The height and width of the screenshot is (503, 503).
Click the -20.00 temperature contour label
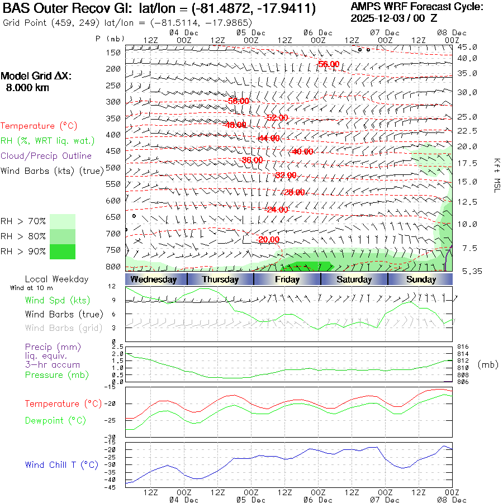tap(269, 239)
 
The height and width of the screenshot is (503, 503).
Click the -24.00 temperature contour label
tap(277, 210)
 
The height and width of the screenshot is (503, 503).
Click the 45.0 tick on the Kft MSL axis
tap(467, 47)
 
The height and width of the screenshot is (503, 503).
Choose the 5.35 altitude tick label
tap(467, 271)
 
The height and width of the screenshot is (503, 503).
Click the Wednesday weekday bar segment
tap(154, 279)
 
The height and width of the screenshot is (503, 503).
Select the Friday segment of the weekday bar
tap(287, 279)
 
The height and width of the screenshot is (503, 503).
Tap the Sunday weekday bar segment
tap(421, 279)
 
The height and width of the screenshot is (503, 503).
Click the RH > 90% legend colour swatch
tap(63, 252)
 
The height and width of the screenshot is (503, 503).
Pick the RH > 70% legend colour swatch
tap(63, 221)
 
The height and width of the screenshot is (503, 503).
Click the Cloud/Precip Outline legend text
tap(46, 155)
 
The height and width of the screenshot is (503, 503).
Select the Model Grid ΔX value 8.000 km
tap(27, 88)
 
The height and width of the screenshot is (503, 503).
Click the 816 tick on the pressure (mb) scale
tap(463, 347)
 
